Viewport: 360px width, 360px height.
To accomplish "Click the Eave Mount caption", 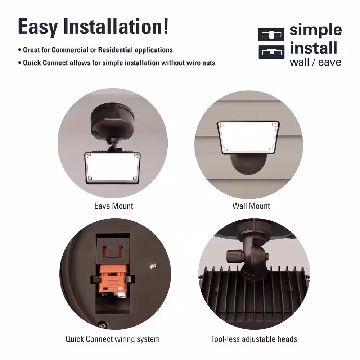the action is [114, 206].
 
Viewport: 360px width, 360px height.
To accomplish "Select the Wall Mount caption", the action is [251, 206].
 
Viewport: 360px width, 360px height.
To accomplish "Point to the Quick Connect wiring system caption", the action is [112, 339].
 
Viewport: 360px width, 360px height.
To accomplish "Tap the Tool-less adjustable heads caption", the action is [254, 339].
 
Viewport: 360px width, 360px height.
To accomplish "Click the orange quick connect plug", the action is [113, 279].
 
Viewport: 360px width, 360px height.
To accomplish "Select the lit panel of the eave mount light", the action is [112, 168].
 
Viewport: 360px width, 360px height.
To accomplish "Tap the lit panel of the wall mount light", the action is [248, 137].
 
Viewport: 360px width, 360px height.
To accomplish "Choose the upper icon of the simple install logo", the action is [271, 35].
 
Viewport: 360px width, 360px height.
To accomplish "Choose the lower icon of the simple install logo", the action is [271, 52].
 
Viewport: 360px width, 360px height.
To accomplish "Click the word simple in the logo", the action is [316, 30].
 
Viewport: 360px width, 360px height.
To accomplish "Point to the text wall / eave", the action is [315, 62].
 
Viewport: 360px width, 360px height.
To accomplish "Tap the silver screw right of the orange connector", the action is [153, 266].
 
